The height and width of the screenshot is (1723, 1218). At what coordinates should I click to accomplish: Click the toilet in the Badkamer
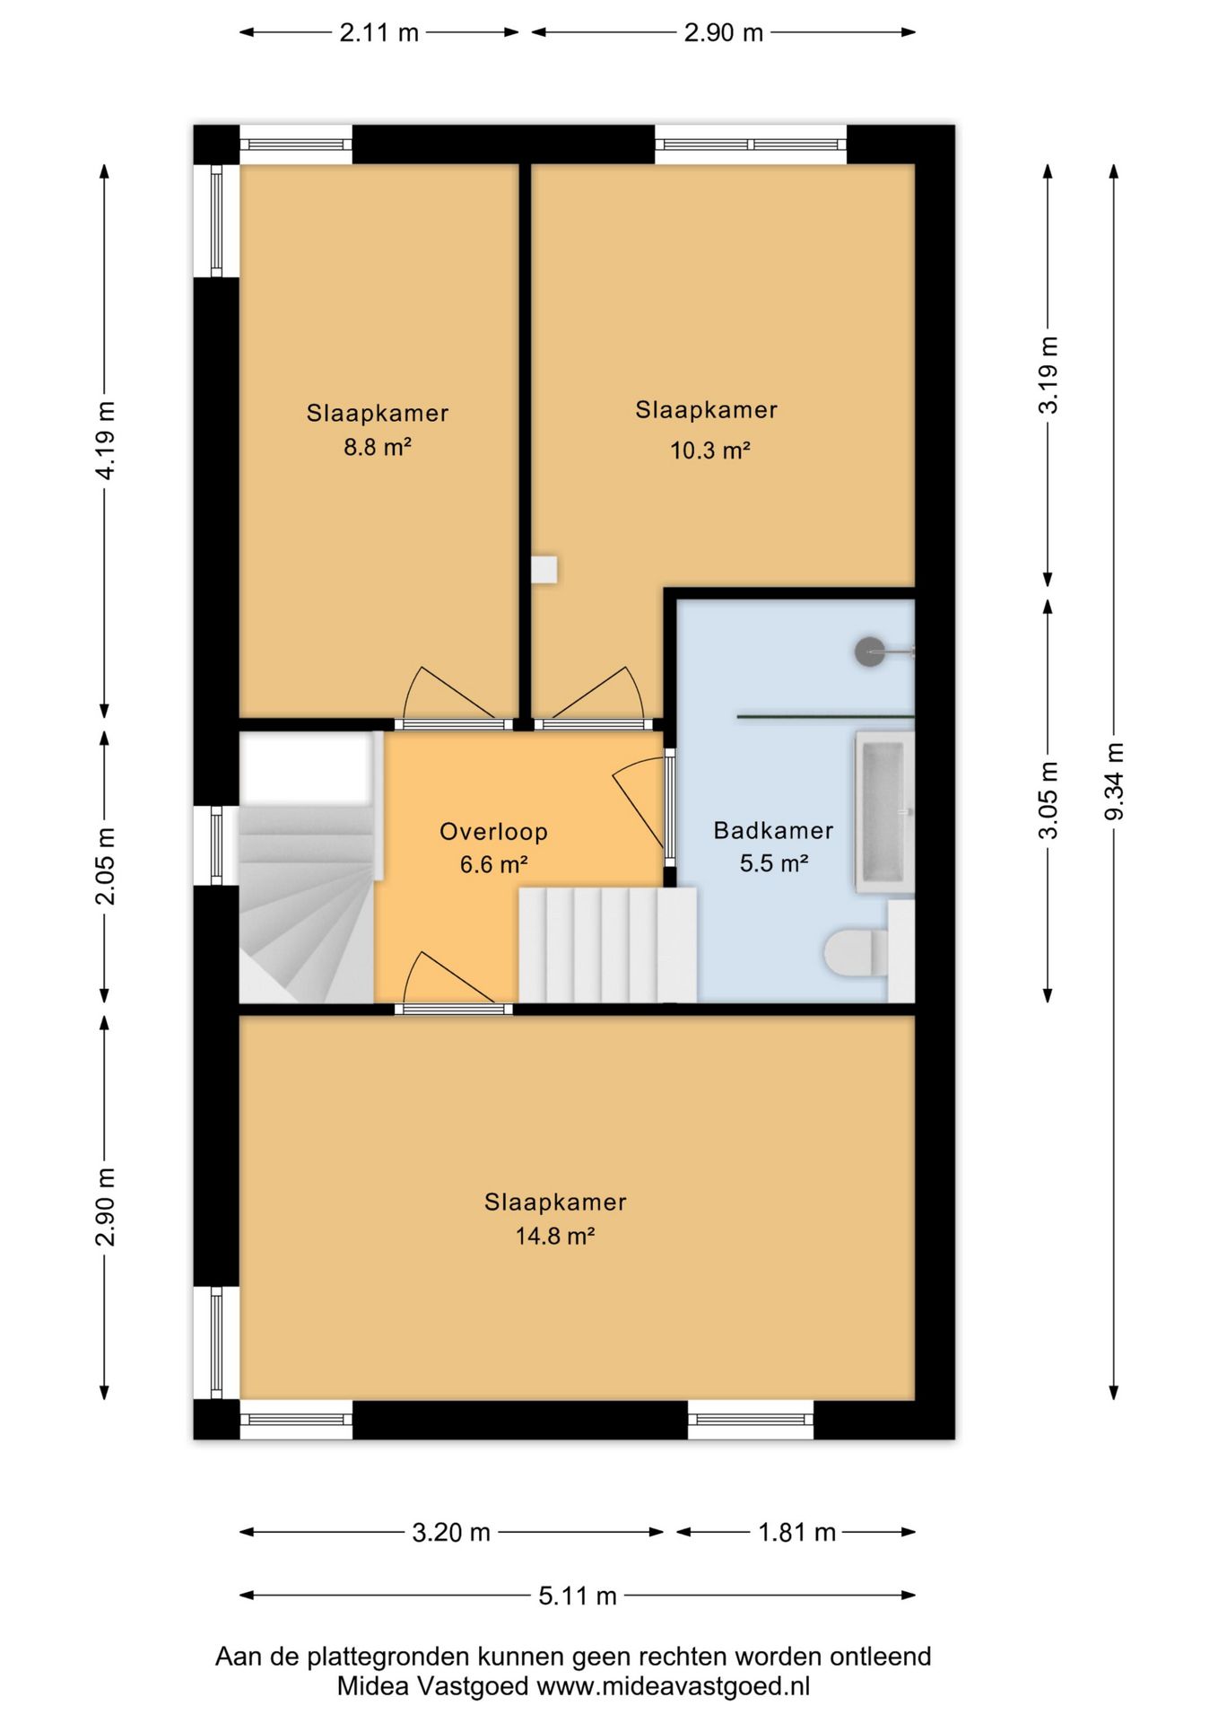856,952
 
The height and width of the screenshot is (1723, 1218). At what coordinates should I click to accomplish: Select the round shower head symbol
870,651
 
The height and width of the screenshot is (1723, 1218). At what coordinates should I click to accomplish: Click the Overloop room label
493,832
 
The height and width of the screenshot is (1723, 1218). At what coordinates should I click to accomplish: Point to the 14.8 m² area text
555,1237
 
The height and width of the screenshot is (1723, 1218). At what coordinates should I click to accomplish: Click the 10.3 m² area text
709,450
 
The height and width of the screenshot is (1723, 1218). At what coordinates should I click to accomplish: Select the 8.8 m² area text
377,447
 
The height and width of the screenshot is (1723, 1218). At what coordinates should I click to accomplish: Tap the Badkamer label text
773,830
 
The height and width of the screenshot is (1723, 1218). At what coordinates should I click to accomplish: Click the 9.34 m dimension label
1114,781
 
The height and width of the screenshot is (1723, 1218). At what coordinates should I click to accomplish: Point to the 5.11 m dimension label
578,1596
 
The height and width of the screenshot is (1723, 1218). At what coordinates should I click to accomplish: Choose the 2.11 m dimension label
378,33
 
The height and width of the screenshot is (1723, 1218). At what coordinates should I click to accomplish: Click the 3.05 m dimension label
1048,800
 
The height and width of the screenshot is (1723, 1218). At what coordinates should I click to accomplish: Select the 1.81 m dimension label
797,1532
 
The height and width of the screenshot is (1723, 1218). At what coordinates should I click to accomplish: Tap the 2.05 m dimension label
105,867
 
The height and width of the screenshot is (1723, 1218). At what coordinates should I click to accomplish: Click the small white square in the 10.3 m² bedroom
544,569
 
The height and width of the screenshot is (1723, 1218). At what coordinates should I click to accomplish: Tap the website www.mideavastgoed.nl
673,1686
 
